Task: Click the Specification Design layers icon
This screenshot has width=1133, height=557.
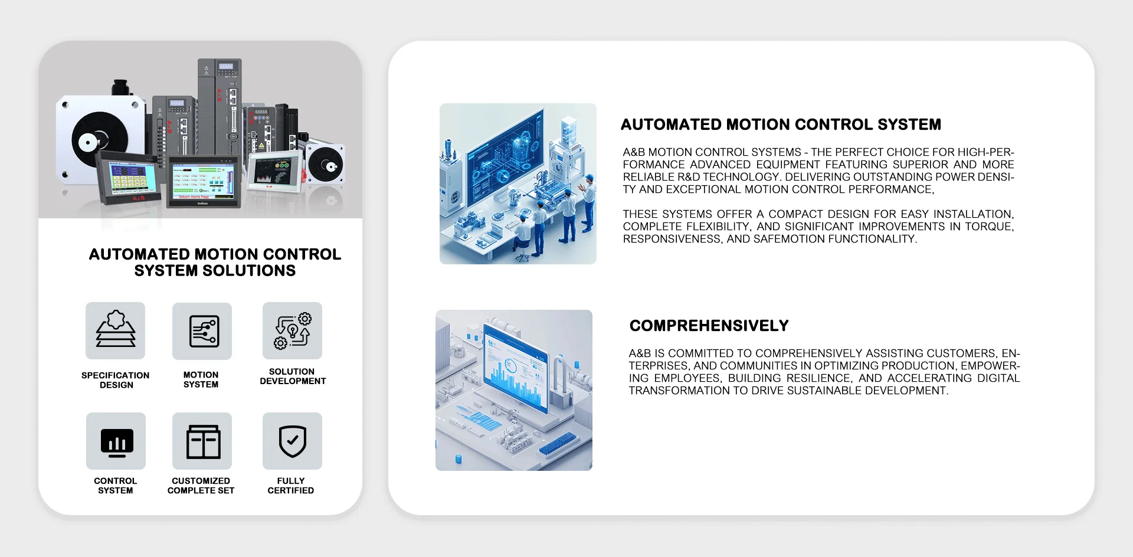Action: click(x=116, y=330)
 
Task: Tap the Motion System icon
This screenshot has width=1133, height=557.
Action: click(x=202, y=331)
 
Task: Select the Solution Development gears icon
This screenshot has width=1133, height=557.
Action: click(x=292, y=330)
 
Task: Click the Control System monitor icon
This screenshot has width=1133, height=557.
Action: click(x=116, y=441)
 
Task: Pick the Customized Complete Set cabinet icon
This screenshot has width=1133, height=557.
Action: click(x=202, y=441)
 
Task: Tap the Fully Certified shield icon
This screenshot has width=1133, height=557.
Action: click(x=292, y=441)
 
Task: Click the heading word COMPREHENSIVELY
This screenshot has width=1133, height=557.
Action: click(x=709, y=326)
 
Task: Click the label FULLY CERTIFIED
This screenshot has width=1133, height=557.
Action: click(x=291, y=486)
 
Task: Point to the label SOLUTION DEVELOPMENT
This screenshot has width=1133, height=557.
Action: click(x=293, y=376)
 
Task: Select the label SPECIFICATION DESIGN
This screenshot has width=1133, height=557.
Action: click(x=116, y=380)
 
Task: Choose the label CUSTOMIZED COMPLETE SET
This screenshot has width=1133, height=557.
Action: click(x=201, y=486)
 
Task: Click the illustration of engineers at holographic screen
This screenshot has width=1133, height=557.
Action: click(x=518, y=184)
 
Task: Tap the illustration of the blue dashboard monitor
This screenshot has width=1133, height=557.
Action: click(x=514, y=390)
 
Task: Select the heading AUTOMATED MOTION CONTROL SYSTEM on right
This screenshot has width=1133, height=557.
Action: click(x=781, y=124)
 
